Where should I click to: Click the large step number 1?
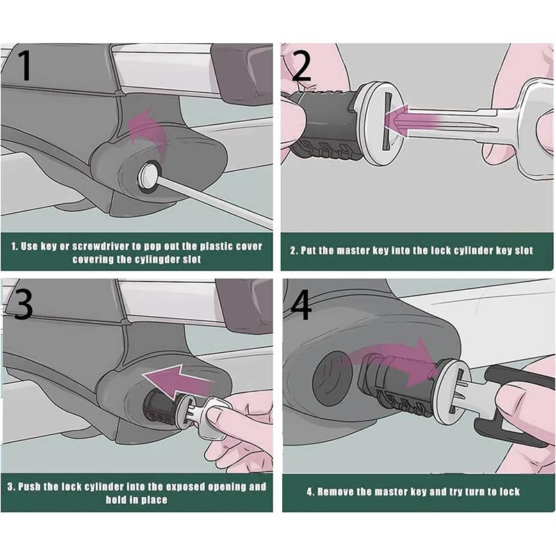25,65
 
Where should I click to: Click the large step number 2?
301,65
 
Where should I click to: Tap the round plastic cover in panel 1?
148,176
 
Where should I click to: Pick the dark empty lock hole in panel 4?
332,379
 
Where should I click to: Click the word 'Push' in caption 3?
29,486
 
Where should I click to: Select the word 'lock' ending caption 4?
509,492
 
